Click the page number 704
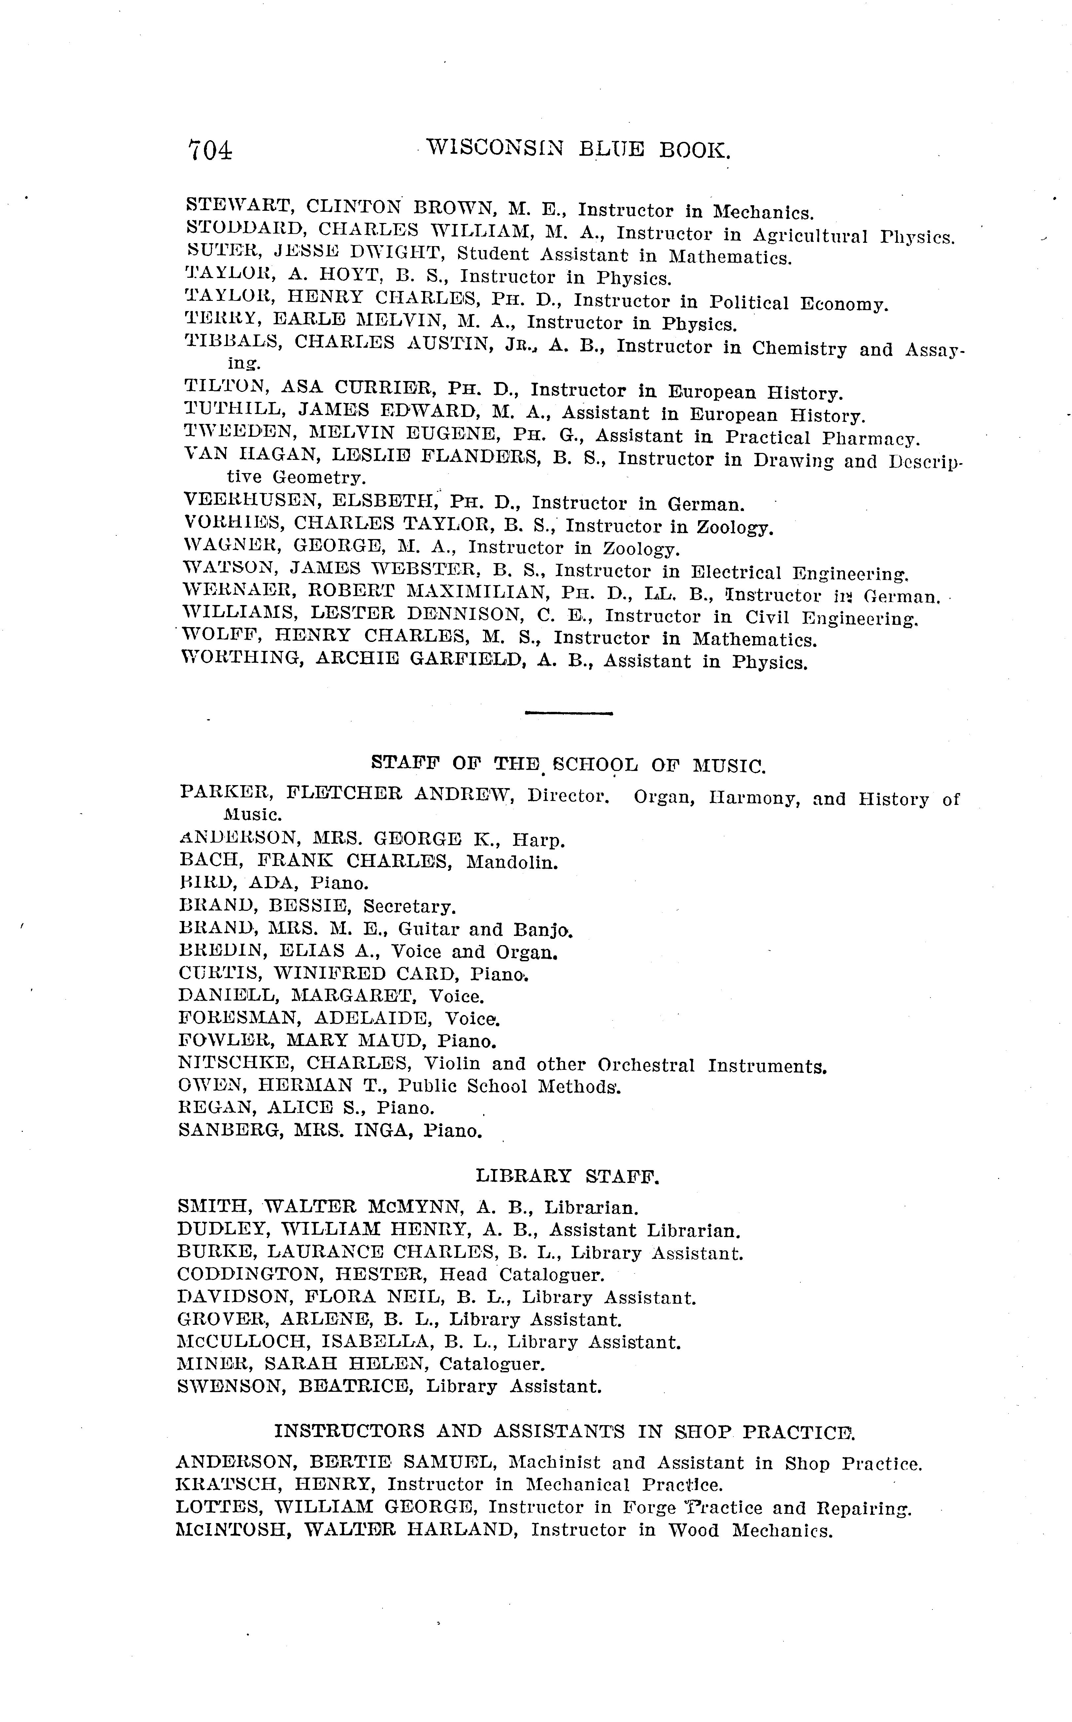point(210,150)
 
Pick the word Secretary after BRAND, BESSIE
point(409,907)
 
